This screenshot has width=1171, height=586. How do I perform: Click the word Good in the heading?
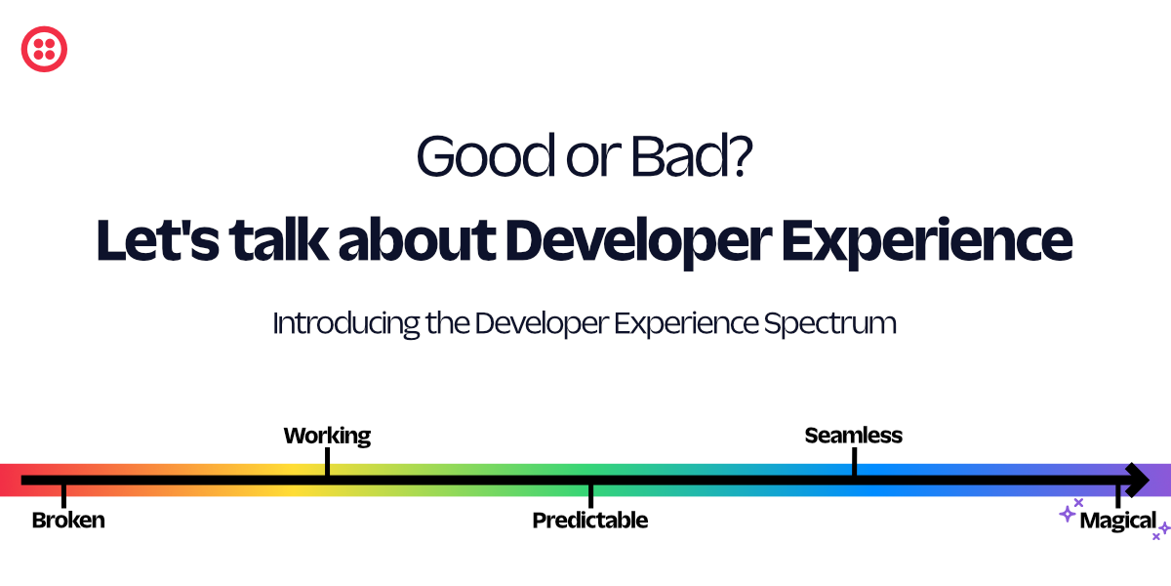(x=468, y=156)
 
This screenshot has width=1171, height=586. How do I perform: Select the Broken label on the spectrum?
(x=68, y=521)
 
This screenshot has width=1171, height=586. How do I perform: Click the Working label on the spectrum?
(x=327, y=436)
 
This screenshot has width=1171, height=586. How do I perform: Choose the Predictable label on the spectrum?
(x=590, y=521)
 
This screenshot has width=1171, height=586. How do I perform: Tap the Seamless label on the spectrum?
(x=854, y=436)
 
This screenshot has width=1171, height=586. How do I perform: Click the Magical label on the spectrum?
(x=1118, y=521)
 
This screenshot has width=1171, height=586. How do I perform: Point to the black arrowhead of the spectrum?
(x=1136, y=480)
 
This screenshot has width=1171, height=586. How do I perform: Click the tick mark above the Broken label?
(x=63, y=494)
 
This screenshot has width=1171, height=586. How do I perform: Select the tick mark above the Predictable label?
(x=590, y=494)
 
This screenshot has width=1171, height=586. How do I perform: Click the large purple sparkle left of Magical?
(x=1068, y=514)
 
